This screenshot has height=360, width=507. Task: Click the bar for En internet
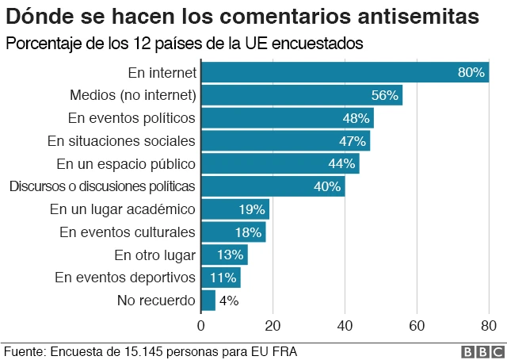click(x=345, y=72)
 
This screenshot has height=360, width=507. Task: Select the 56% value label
click(x=383, y=95)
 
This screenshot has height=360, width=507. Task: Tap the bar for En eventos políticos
click(x=287, y=118)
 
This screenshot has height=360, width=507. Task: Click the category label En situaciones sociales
click(x=121, y=141)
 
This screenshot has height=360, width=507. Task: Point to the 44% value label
click(x=341, y=164)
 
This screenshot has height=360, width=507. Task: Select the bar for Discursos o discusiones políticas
click(x=273, y=187)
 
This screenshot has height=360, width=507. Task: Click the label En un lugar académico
click(x=123, y=209)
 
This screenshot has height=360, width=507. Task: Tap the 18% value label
click(x=248, y=232)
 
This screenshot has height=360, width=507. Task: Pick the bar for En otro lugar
click(x=224, y=255)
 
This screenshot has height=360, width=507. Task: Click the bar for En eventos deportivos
click(x=220, y=278)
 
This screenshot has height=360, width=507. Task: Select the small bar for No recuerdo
click(x=208, y=301)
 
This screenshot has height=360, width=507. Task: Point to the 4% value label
click(x=228, y=301)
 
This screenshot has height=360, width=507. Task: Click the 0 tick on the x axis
click(x=201, y=325)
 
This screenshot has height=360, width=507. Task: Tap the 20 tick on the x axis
click(x=273, y=325)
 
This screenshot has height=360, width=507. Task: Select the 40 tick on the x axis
click(x=345, y=325)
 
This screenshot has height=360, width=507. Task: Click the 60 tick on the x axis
click(x=417, y=325)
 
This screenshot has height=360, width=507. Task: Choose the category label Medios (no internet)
click(x=133, y=95)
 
